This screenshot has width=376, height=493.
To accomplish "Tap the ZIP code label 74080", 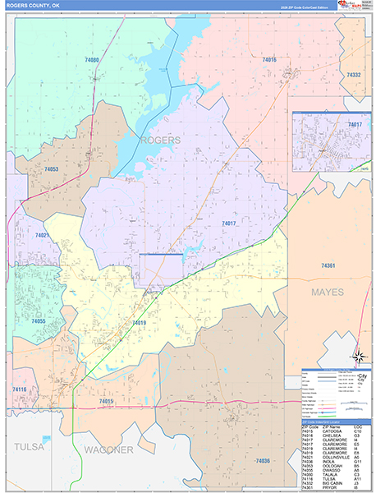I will [x=92, y=60].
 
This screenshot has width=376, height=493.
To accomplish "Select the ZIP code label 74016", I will [x=268, y=60].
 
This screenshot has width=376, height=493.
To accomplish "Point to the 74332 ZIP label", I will [x=354, y=75].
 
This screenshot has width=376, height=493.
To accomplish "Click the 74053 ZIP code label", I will [x=51, y=168].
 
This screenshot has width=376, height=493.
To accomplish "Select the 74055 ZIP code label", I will [x=38, y=321].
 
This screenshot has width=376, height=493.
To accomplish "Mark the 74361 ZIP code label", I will [x=328, y=265].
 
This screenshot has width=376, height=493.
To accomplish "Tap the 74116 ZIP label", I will [x=21, y=389].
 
